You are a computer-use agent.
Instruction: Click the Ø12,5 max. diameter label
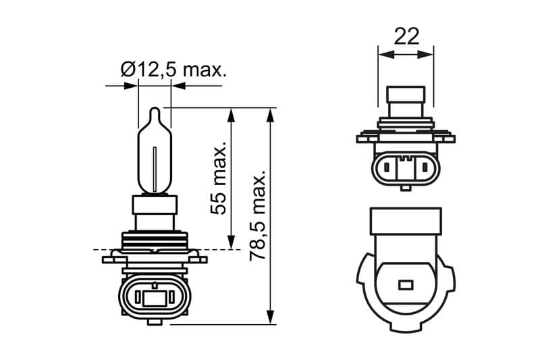coord(173,69)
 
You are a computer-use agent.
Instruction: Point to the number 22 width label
coord(406,36)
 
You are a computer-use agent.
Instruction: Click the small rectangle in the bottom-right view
coord(406,284)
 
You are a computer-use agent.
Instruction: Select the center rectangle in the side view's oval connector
coord(155,297)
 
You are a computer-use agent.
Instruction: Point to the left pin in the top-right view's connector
coord(387,165)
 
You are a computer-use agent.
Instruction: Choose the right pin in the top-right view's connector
coord(424,165)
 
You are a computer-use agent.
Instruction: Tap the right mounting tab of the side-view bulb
coord(198,258)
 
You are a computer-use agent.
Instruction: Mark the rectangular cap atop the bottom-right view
coord(406,220)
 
